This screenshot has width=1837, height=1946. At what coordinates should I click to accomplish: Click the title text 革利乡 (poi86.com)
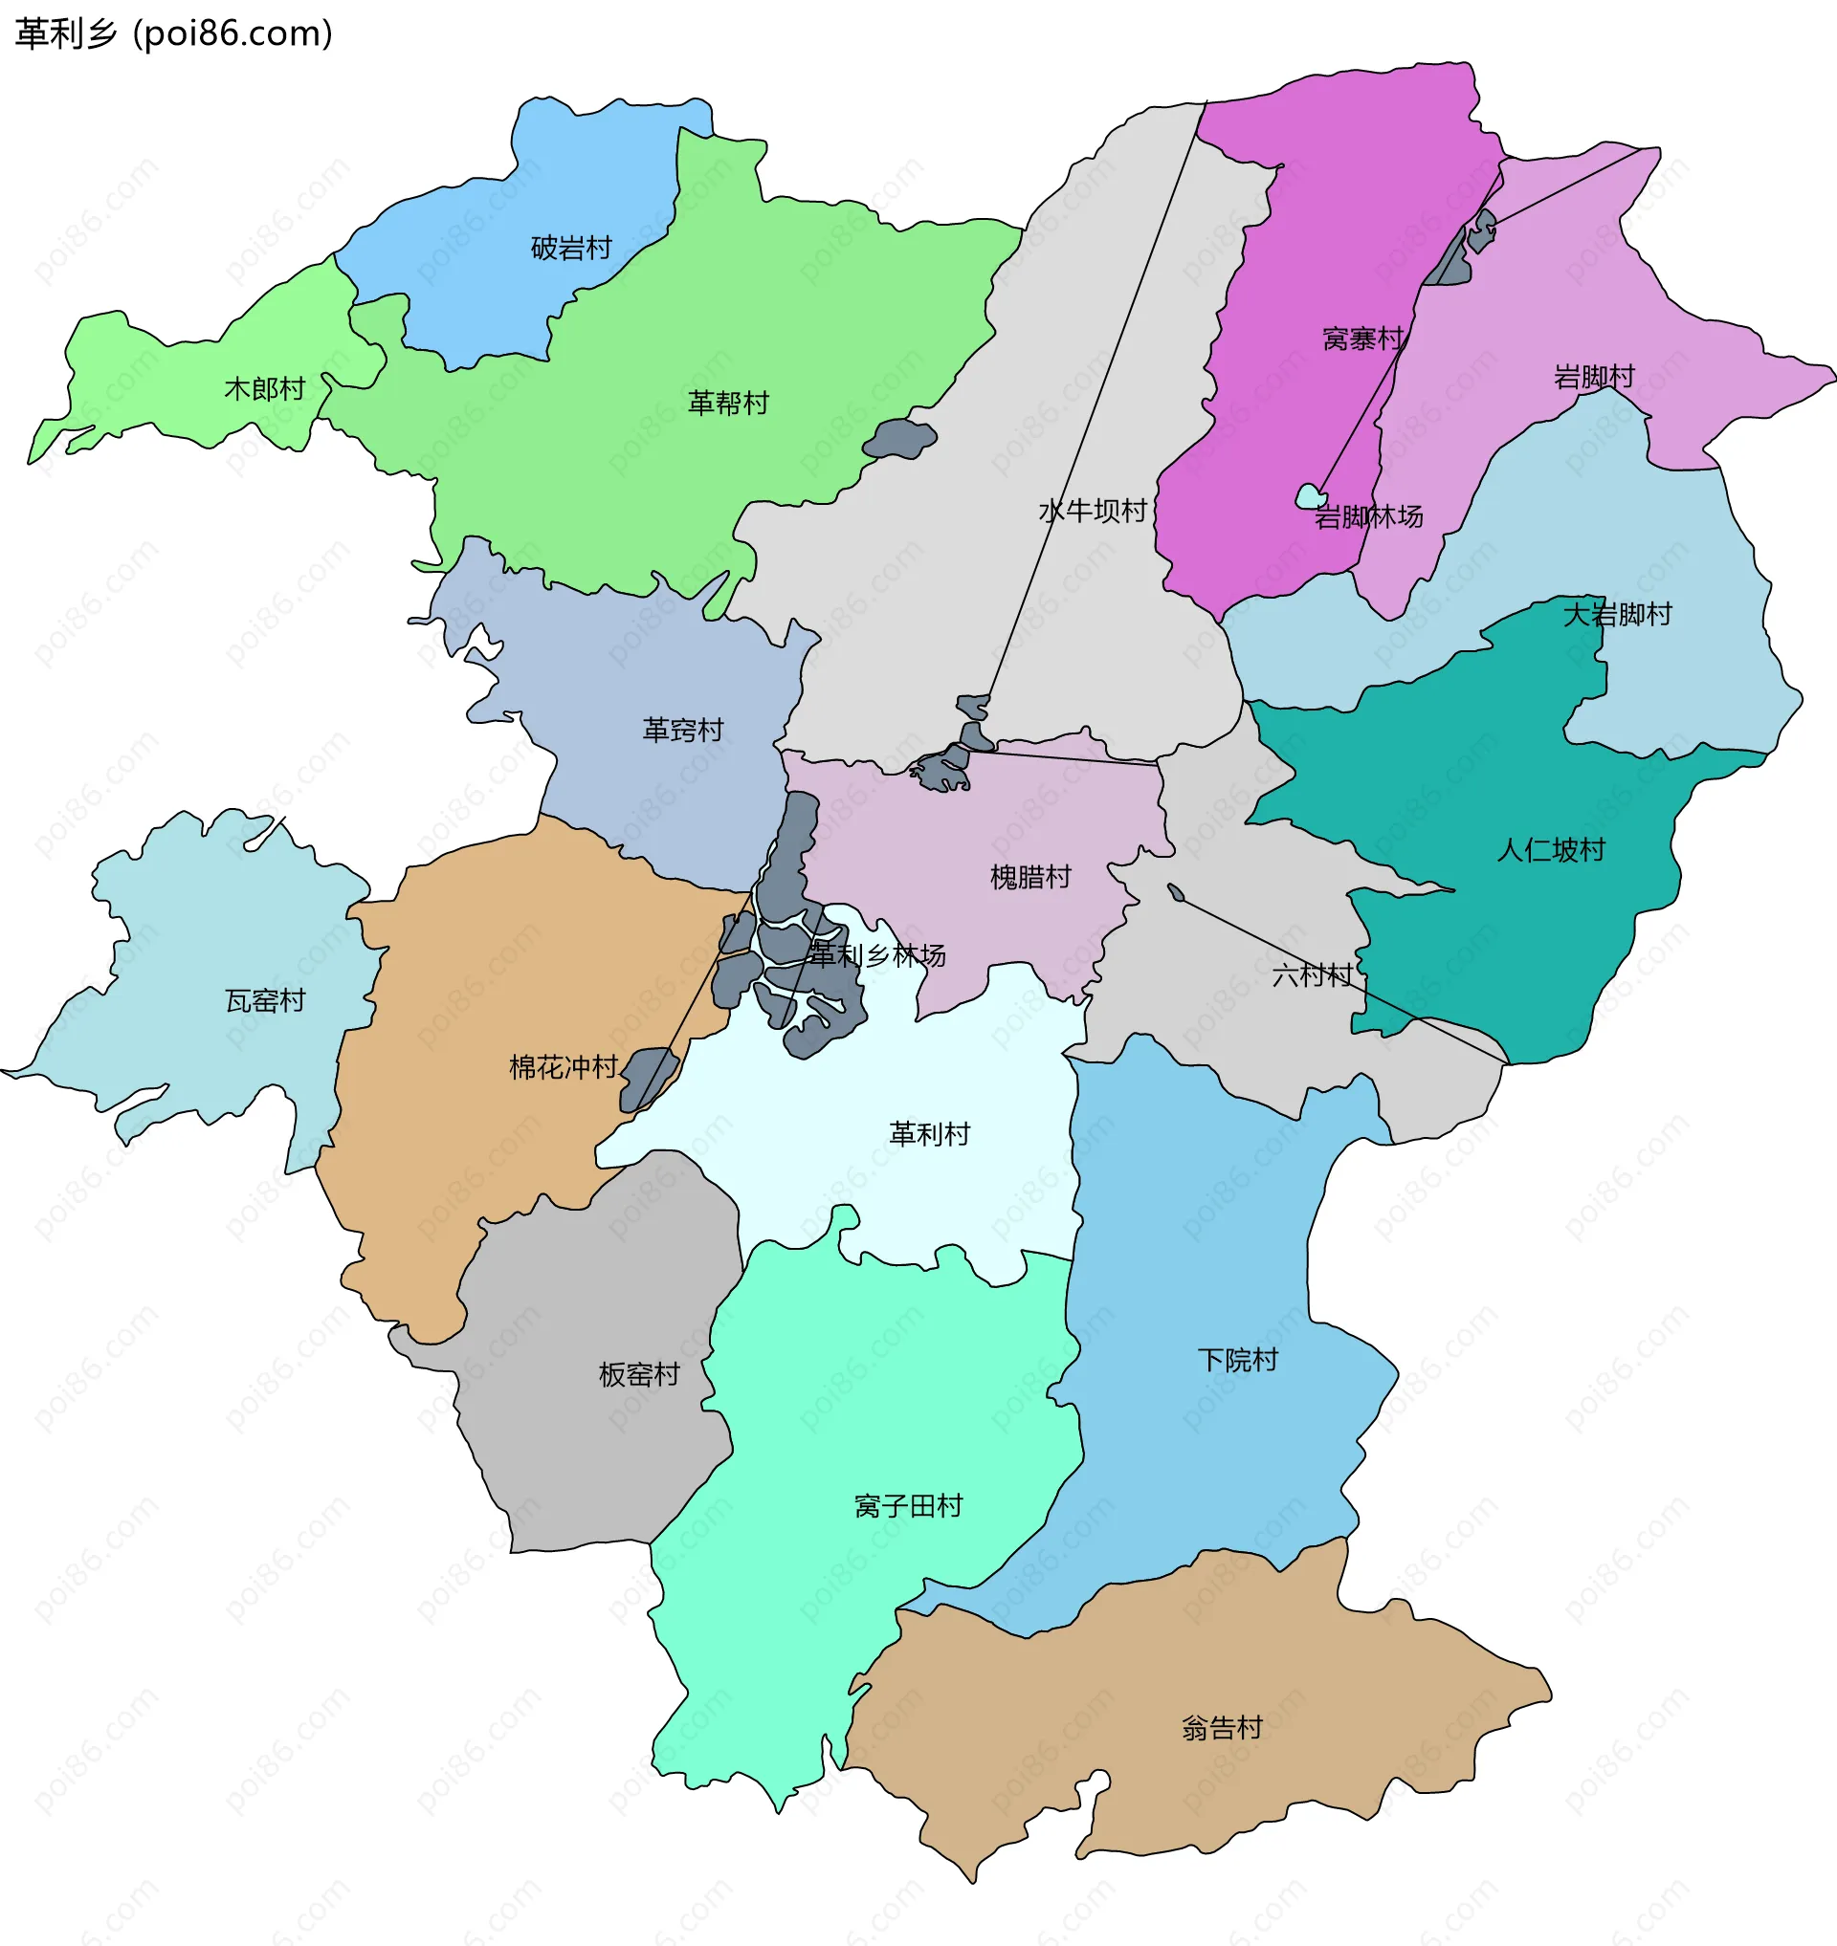[174, 34]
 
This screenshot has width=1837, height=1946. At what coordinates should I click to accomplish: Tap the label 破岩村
[571, 248]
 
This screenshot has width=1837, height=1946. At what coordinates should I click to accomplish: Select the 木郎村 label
[264, 388]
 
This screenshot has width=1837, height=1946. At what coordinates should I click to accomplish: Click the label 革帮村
[727, 403]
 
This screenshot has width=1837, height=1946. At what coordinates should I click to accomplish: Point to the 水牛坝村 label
[1092, 511]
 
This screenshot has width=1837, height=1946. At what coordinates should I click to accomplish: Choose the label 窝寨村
[1362, 339]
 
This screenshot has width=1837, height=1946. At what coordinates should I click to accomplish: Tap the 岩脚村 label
[1593, 377]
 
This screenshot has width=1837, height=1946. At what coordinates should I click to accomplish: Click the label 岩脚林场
[1368, 516]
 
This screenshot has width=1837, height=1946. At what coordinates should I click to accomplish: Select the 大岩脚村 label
[1617, 615]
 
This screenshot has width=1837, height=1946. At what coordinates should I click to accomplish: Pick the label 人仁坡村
[1550, 850]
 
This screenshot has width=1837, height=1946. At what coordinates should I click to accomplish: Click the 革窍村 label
[682, 731]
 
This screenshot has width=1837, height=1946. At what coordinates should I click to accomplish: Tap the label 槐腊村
[1030, 877]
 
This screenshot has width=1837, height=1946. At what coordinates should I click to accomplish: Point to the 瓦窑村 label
[265, 1000]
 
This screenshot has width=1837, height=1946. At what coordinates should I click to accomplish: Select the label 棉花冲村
[563, 1067]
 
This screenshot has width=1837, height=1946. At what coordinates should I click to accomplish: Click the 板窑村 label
[638, 1374]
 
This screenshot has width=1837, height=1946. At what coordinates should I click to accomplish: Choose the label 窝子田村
[908, 1505]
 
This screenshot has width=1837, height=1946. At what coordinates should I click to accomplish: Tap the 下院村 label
[1238, 1360]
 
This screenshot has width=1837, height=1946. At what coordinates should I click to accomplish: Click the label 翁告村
[1221, 1728]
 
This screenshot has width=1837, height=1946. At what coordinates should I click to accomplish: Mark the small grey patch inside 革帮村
[899, 440]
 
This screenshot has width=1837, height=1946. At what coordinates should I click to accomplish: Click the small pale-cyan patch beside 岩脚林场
[1310, 496]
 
